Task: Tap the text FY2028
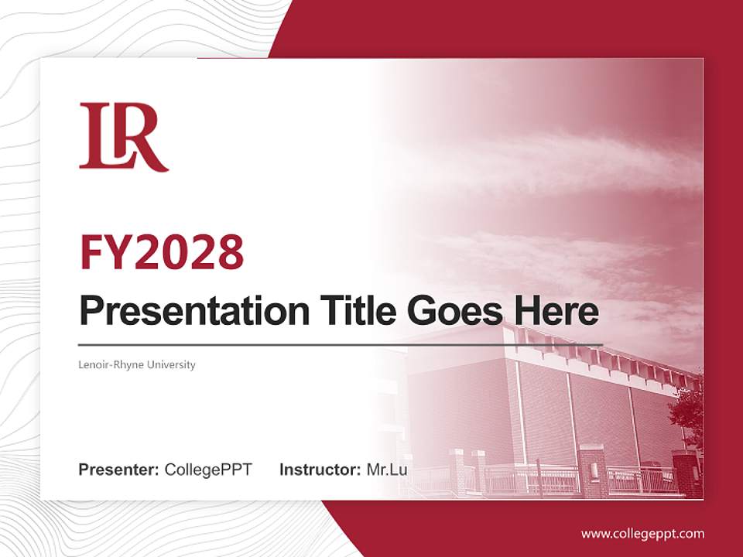point(162,252)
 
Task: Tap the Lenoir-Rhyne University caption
point(137,364)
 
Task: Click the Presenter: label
point(118,470)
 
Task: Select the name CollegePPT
point(208,470)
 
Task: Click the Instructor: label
point(320,470)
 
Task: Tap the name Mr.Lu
point(387,470)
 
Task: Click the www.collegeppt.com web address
point(642,533)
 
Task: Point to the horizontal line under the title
point(341,344)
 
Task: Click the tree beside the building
point(689,410)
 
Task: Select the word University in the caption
point(173,364)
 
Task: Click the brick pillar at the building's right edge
point(685,472)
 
